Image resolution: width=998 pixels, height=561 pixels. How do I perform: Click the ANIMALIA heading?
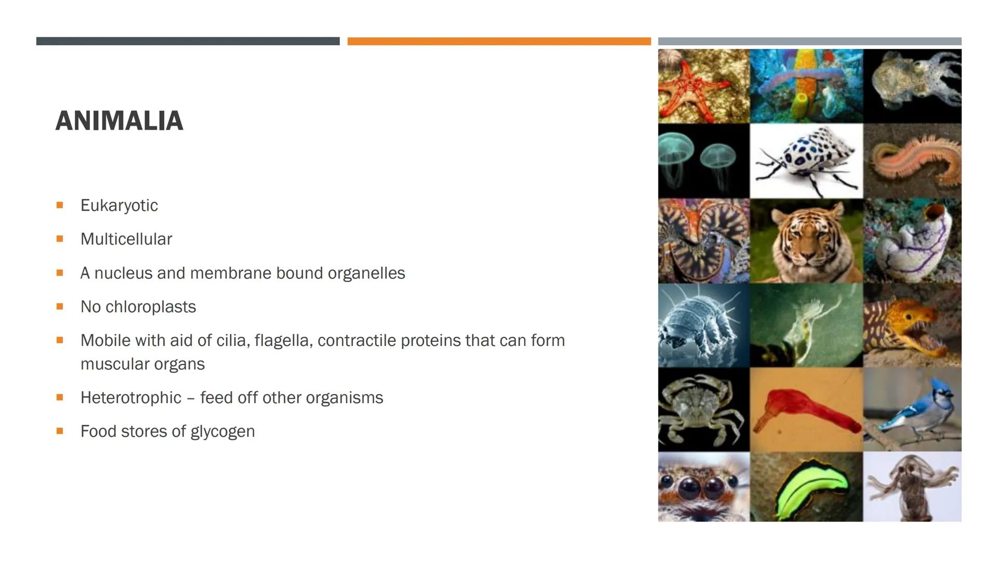click(119, 121)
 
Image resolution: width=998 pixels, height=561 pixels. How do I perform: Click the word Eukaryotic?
click(119, 206)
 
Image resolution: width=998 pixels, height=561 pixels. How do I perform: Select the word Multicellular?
click(126, 239)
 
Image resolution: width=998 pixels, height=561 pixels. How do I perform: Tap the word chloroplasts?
click(151, 307)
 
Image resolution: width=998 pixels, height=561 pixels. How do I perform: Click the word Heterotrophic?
click(131, 398)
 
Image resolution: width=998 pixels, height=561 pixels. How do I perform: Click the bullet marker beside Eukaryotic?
click(60, 205)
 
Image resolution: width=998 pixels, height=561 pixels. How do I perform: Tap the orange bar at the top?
click(499, 41)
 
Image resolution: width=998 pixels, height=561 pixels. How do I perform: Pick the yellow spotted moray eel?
click(912, 328)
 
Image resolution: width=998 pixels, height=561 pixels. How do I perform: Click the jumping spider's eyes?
click(702, 487)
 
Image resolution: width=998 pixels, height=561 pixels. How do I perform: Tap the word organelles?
click(366, 273)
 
